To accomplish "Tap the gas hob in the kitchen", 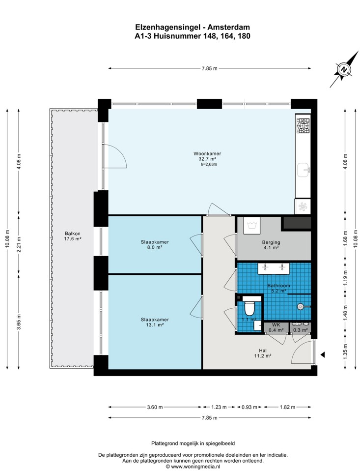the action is [x=303, y=125].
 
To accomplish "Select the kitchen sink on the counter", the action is [x=304, y=171].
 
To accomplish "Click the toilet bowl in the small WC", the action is [x=249, y=307].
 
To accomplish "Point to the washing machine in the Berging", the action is [x=252, y=224].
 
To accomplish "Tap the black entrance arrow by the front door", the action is [x=323, y=355].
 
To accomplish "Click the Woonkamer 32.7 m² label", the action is [x=207, y=156].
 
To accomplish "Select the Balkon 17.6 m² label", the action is [x=73, y=236].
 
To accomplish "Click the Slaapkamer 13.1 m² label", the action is [x=155, y=322].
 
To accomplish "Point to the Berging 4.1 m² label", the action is [x=271, y=245].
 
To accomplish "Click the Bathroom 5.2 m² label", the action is [x=278, y=288].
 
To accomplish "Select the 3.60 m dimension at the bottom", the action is [x=155, y=407].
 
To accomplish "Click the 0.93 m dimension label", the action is [x=249, y=407].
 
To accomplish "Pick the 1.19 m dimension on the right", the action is [x=346, y=278].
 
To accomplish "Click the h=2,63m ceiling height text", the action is [x=209, y=164].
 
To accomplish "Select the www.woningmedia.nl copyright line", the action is [x=193, y=467].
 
